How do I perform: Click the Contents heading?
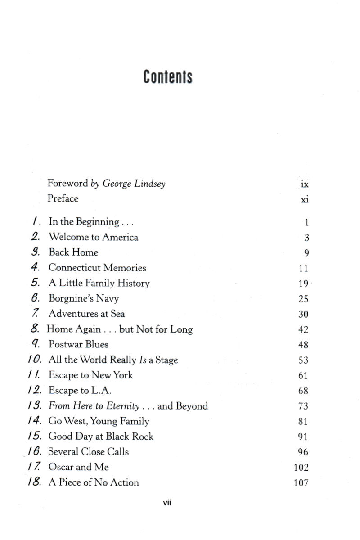click(168, 77)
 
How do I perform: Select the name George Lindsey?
click(134, 184)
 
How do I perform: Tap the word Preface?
click(63, 198)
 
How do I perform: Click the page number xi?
click(305, 200)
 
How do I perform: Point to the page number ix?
click(305, 184)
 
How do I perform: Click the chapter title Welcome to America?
click(93, 237)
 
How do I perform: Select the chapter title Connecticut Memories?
click(97, 268)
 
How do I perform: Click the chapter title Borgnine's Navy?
click(84, 298)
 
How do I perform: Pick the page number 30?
click(303, 315)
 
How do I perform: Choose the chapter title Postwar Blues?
click(78, 345)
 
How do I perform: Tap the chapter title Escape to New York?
click(91, 375)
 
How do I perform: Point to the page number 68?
click(303, 391)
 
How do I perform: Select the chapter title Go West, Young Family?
click(99, 421)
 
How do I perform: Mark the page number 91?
click(303, 437)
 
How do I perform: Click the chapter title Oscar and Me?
click(78, 467)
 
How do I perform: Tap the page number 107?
click(301, 483)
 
